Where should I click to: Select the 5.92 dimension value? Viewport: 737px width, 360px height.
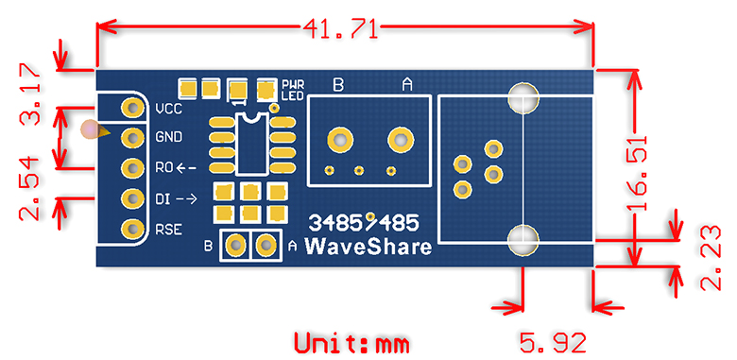tap(553, 343)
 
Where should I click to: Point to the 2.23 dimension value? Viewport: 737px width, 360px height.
tap(711, 258)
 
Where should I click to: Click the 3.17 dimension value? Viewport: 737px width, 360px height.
tap(29, 94)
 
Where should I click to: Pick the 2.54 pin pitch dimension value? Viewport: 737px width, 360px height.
tap(29, 189)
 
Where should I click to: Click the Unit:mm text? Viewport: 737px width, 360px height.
tap(351, 343)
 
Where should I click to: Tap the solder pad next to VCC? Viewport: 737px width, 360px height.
tap(132, 109)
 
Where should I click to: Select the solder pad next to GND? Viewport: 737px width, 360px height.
tap(132, 138)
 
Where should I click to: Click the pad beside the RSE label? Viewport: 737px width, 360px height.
tap(132, 230)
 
